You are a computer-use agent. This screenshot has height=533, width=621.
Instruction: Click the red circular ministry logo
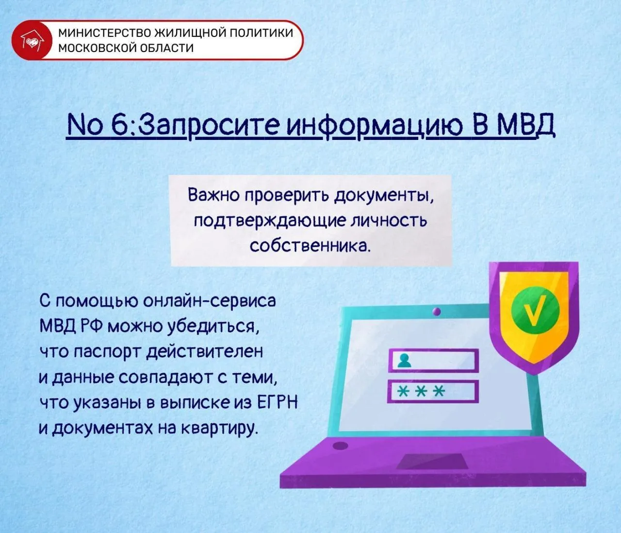[x=32, y=40]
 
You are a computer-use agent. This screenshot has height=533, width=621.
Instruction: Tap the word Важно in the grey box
[x=213, y=196]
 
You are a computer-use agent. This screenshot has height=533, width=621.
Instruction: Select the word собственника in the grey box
[x=309, y=246]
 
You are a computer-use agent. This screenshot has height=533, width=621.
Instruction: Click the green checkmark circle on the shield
[x=535, y=310]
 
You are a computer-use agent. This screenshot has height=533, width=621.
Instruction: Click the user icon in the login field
[x=404, y=360]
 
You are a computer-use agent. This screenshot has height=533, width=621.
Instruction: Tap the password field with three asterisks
[x=433, y=391]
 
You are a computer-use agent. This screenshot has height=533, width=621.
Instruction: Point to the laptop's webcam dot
[x=437, y=311]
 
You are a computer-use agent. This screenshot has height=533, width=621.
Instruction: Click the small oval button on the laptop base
[x=341, y=445]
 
